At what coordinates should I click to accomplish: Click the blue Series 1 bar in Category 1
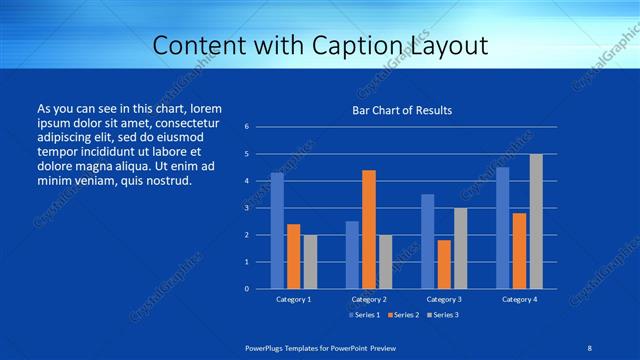coord(277,231)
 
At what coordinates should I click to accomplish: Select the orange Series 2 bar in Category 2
coord(369,229)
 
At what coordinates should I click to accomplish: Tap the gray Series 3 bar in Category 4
coord(536,221)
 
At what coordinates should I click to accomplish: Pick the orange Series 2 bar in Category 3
coord(444,264)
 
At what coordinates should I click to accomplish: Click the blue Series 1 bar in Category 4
coord(502,228)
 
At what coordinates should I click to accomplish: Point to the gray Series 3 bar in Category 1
coord(310,262)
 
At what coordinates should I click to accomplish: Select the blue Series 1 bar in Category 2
coord(352,255)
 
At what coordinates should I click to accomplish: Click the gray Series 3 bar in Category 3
coord(460,248)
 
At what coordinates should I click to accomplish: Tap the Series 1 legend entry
coord(363,315)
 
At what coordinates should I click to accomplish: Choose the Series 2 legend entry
coord(403,315)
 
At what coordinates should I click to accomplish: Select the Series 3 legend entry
coord(442,315)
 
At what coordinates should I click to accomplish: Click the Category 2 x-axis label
coord(369,299)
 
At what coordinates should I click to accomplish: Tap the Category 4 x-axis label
coord(519,299)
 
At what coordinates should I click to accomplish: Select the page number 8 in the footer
coord(589,347)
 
